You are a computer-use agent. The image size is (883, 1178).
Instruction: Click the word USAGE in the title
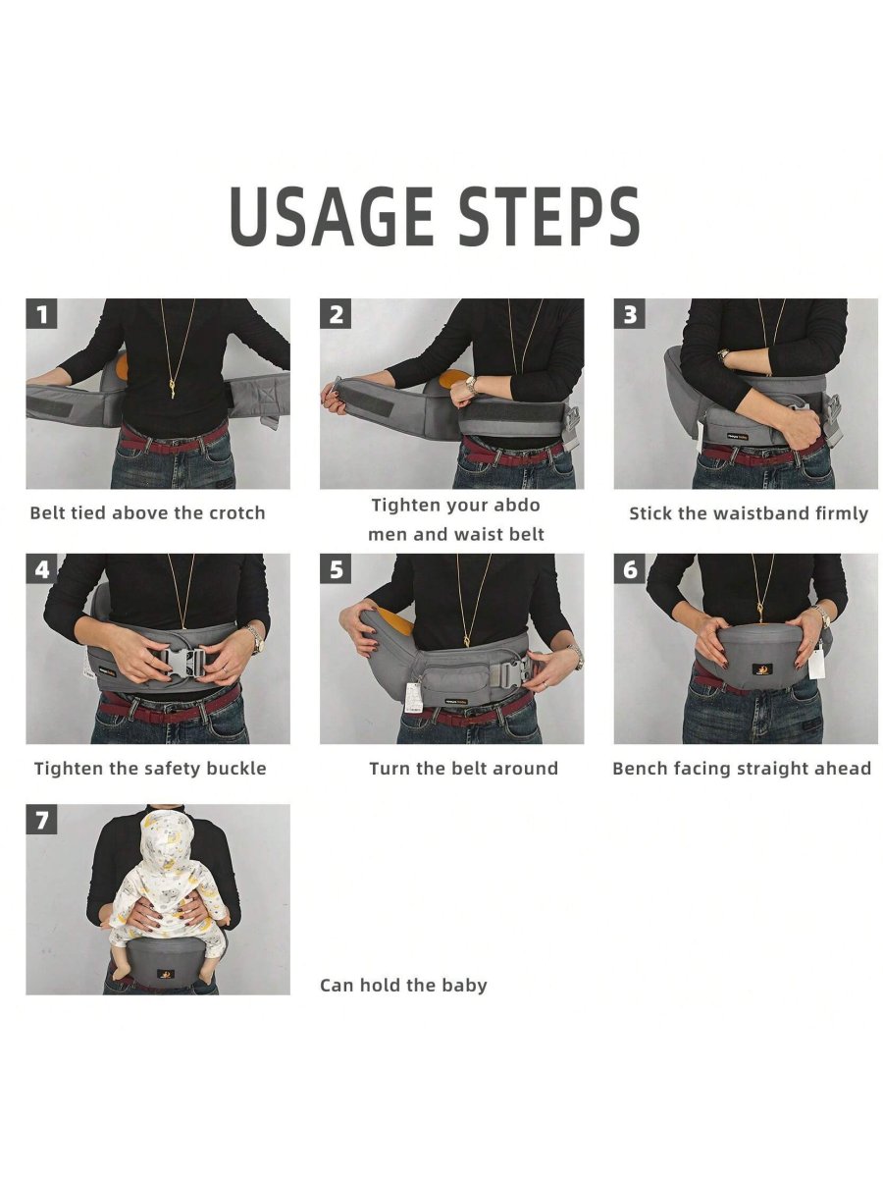click(331, 216)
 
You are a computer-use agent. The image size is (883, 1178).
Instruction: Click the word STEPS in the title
click(549, 216)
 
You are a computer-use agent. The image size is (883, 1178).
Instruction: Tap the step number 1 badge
click(41, 314)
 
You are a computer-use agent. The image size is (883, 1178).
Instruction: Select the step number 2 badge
click(336, 314)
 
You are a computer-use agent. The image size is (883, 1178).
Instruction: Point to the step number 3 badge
click(630, 314)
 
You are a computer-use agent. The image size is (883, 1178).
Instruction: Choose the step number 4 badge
click(41, 568)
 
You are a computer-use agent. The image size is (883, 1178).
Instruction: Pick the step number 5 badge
click(336, 568)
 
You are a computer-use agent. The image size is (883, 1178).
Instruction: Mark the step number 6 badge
click(630, 568)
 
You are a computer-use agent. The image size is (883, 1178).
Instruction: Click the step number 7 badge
click(41, 819)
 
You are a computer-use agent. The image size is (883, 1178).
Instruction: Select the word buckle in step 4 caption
click(235, 769)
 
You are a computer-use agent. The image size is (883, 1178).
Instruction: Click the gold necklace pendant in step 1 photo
click(174, 389)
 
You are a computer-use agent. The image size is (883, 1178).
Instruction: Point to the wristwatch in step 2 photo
click(471, 384)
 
